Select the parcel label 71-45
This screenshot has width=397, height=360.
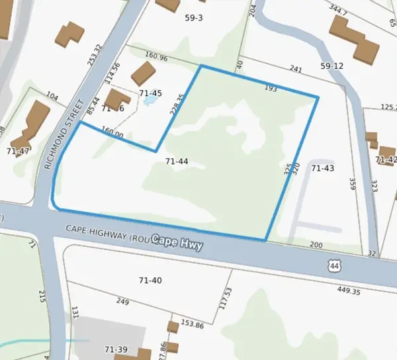coord(150,93)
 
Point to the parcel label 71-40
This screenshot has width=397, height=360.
coord(149,281)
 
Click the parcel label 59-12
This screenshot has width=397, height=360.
coord(332,66)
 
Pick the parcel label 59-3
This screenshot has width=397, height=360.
coord(193,18)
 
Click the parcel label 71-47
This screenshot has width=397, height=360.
coord(18,152)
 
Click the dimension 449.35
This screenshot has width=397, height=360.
coord(348,291)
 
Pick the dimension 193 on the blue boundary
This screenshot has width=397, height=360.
coord(270,87)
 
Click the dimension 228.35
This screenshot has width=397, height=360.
coord(175,105)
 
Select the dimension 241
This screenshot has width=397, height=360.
coord(295,69)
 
